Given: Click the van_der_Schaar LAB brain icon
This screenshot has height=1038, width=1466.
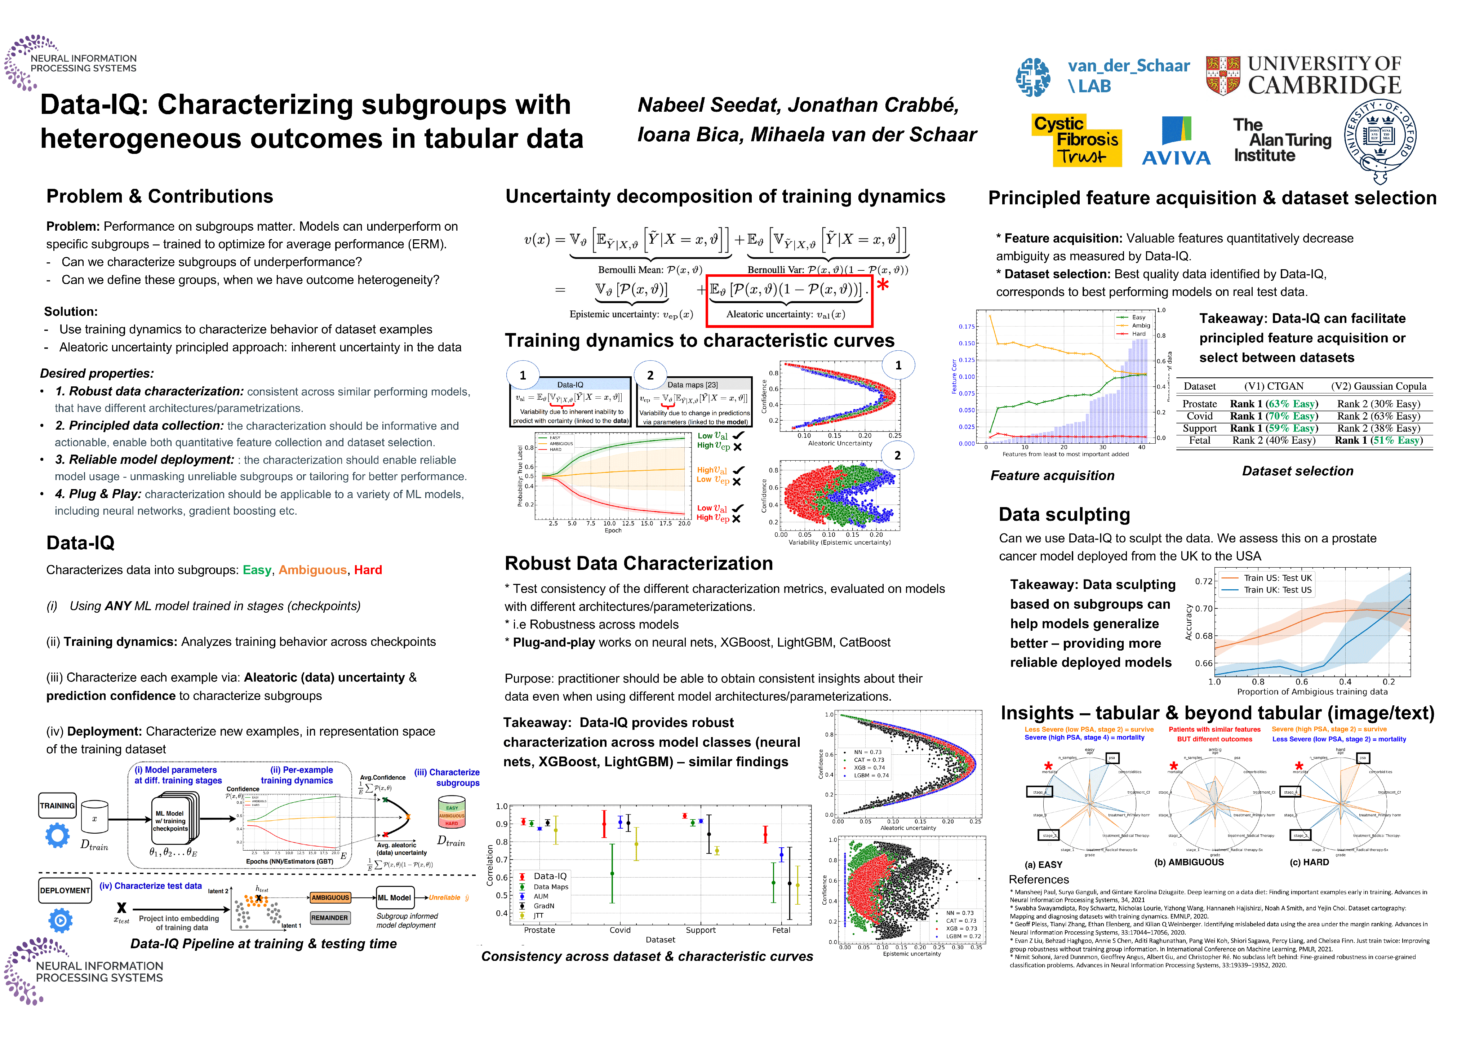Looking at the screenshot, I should click(x=1033, y=77).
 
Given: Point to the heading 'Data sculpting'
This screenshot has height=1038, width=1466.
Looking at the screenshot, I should click(x=1064, y=515).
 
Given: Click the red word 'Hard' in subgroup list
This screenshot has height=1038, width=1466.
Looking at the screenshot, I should click(x=368, y=570).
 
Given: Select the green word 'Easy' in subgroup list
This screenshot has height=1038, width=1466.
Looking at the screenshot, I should click(x=257, y=570).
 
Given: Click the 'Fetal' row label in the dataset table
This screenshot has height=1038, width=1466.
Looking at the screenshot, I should click(x=1200, y=440).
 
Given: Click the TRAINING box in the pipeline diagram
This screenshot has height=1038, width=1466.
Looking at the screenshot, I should click(x=58, y=806).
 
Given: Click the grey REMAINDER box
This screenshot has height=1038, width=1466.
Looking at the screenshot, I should click(x=330, y=918).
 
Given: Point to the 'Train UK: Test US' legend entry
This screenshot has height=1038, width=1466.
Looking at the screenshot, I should click(x=1277, y=590).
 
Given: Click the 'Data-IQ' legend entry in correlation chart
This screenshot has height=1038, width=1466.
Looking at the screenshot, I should click(x=550, y=876).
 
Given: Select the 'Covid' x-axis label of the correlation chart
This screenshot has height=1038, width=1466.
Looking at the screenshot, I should click(x=620, y=930).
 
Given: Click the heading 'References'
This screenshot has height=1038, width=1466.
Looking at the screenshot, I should click(x=1039, y=879).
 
